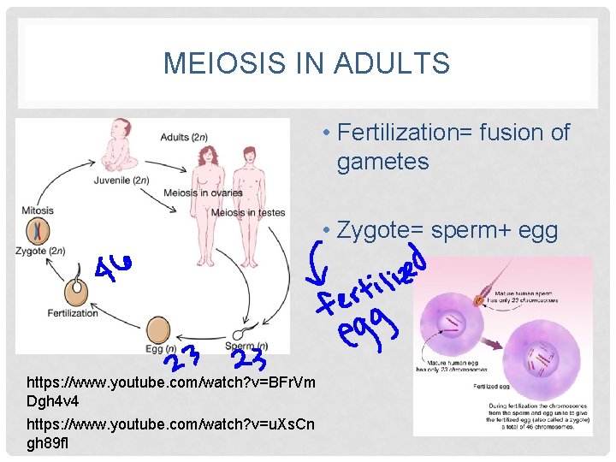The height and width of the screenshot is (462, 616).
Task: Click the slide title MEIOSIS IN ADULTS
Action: (x=305, y=63)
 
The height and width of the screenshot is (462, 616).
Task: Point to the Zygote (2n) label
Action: (x=39, y=250)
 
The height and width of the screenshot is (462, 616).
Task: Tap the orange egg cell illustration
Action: (x=158, y=330)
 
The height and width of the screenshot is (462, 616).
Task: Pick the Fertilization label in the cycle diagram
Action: (x=74, y=312)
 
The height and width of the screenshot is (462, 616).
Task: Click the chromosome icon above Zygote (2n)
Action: (x=37, y=230)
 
